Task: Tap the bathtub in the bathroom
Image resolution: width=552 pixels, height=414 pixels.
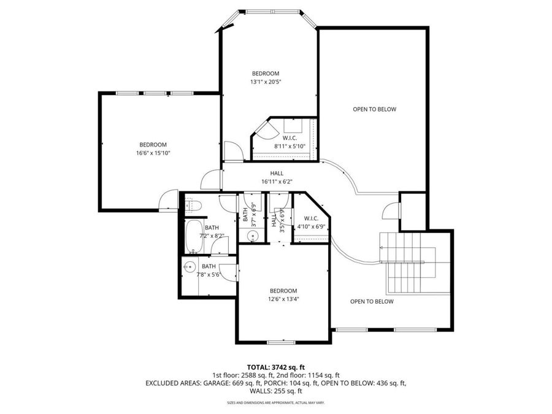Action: (196, 236)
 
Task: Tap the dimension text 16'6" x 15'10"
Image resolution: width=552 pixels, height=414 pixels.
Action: (153, 153)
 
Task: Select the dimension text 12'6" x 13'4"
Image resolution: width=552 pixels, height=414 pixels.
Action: (283, 299)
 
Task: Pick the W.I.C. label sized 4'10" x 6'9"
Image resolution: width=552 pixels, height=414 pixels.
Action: (310, 222)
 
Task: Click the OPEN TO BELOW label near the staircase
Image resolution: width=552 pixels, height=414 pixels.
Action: (372, 301)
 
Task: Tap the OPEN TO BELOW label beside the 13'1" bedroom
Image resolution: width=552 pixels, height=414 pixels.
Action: (374, 109)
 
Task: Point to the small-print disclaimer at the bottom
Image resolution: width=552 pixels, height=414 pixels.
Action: (275, 403)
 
